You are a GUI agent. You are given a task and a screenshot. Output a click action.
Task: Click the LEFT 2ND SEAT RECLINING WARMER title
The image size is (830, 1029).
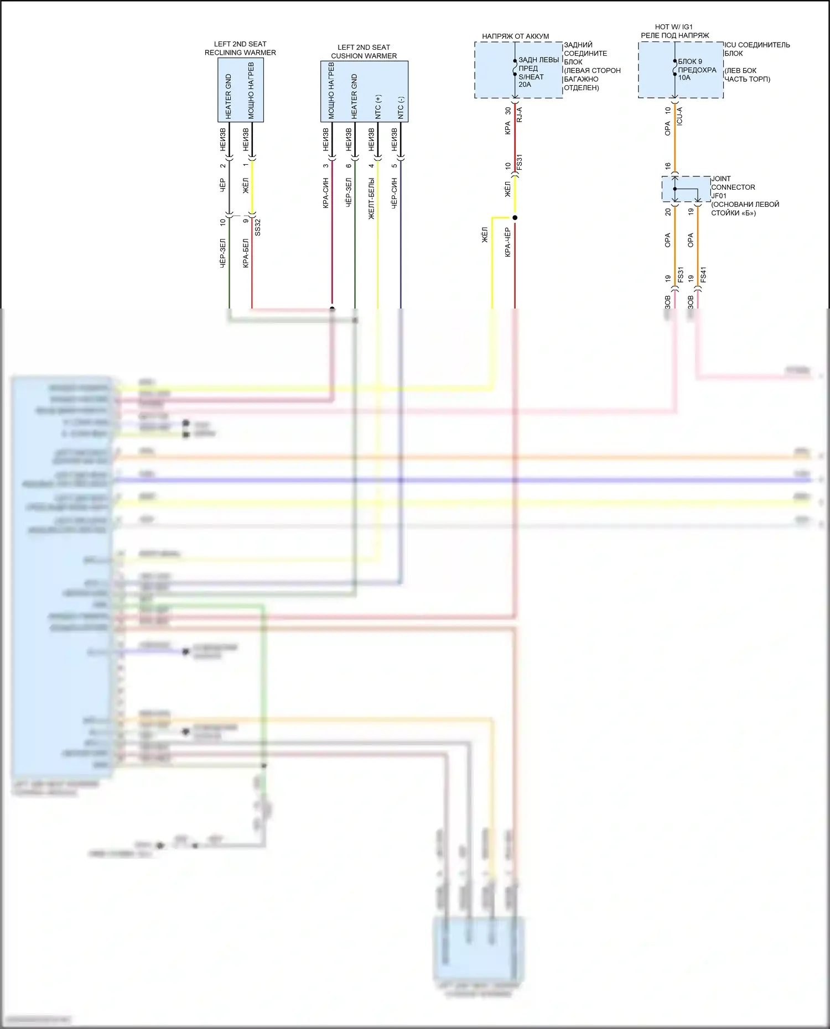pos(240,48)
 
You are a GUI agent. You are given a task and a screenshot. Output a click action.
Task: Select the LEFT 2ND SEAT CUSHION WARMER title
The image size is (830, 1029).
pos(364,51)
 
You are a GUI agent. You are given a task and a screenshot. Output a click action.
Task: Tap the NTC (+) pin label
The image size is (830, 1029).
pos(378,107)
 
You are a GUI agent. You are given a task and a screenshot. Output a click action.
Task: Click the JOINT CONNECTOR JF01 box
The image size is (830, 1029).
pos(686,189)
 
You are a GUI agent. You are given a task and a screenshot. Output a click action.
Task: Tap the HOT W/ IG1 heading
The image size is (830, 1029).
pos(673,27)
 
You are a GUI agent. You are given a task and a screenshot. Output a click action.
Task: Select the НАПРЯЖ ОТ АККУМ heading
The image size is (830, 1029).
pos(515,36)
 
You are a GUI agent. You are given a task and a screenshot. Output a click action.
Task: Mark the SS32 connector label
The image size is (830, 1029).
pos(257,227)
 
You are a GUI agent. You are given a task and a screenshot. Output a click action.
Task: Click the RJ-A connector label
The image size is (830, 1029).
pos(519,115)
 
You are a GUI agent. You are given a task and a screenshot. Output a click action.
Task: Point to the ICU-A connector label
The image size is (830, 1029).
pos(679,116)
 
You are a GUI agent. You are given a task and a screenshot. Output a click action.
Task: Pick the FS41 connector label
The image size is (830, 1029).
pos(703,275)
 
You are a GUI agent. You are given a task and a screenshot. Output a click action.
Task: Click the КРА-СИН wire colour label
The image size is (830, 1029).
pos(326,193)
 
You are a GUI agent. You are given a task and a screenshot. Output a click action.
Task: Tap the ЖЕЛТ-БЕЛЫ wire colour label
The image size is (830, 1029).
pos(371,198)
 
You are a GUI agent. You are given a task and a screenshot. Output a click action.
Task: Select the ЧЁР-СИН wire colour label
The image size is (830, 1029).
pos(394,193)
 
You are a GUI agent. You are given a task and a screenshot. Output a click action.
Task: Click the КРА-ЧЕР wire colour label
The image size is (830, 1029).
pos(507,242)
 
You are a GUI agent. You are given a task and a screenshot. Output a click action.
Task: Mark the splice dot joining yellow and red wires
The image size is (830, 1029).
pos(515,218)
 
